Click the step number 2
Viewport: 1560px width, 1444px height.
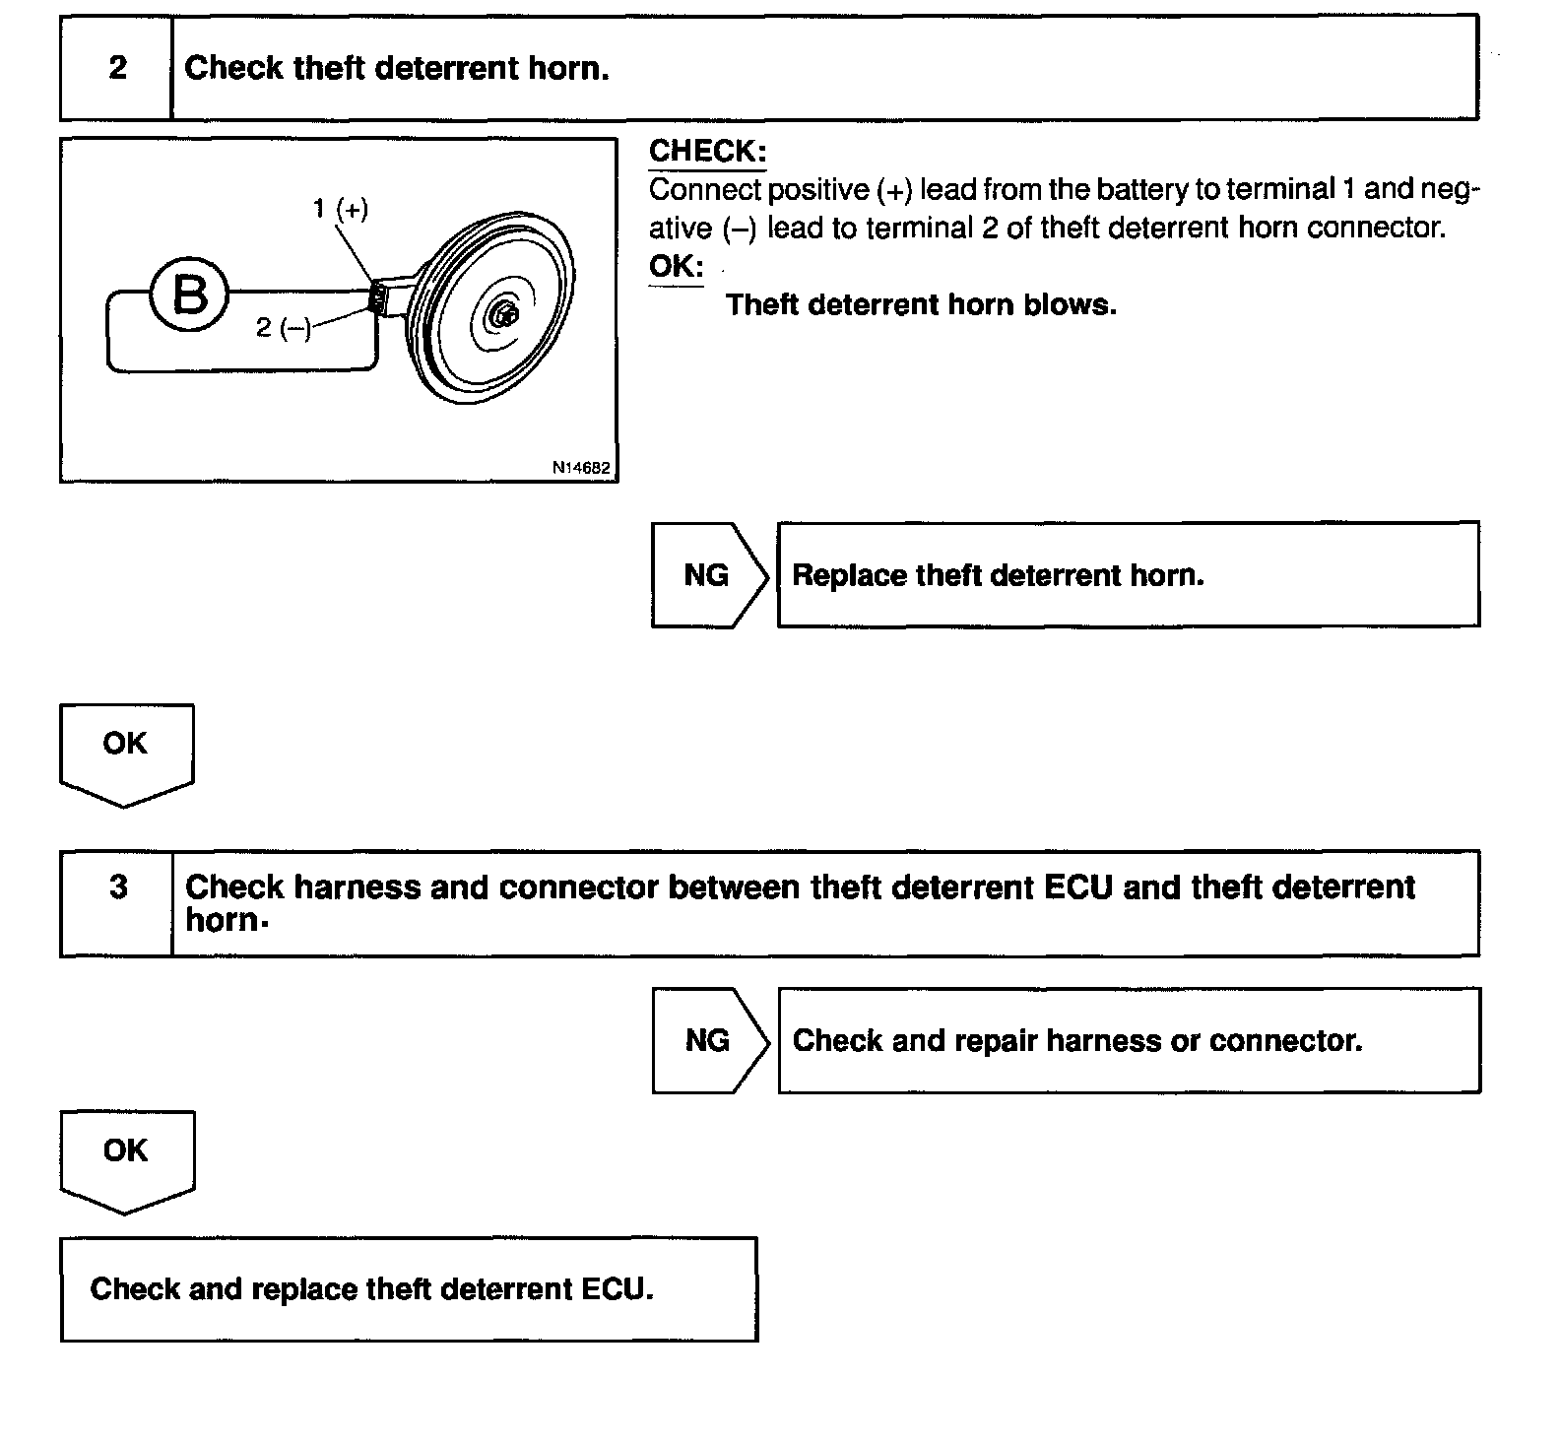coord(117,67)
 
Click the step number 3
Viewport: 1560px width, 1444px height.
coord(118,886)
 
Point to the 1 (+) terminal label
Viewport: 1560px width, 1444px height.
coord(341,209)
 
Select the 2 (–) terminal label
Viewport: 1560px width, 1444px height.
coord(283,327)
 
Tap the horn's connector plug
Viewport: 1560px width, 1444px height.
coord(377,296)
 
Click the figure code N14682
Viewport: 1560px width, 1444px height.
coord(581,468)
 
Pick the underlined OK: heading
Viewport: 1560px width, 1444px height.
coord(676,266)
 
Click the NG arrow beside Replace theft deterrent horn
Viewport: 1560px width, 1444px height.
coord(707,575)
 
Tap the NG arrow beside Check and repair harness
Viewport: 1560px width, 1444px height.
coord(708,1040)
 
